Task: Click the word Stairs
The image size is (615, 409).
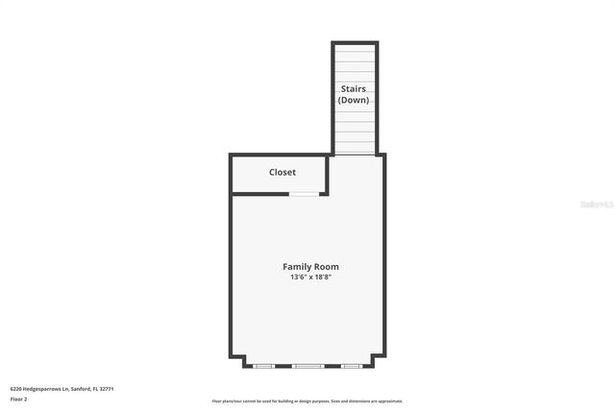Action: click(354, 88)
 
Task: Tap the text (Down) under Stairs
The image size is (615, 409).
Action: click(354, 100)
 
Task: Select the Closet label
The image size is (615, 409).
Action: click(283, 172)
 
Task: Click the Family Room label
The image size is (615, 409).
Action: click(310, 267)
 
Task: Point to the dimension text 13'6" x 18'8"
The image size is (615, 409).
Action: click(310, 277)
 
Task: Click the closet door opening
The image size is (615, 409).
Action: click(306, 194)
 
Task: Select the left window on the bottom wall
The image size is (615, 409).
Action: click(263, 366)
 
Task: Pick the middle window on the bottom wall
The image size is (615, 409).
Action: click(308, 366)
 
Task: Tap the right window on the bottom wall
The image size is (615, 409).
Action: click(353, 366)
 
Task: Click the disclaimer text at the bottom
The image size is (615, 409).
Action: click(307, 401)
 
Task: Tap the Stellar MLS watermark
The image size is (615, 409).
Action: click(596, 204)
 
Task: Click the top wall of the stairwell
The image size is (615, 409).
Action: click(355, 42)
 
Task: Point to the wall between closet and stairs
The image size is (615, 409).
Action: click(330, 173)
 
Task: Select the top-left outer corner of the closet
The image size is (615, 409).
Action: click(230, 156)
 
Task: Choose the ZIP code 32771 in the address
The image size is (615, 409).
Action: click(107, 389)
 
